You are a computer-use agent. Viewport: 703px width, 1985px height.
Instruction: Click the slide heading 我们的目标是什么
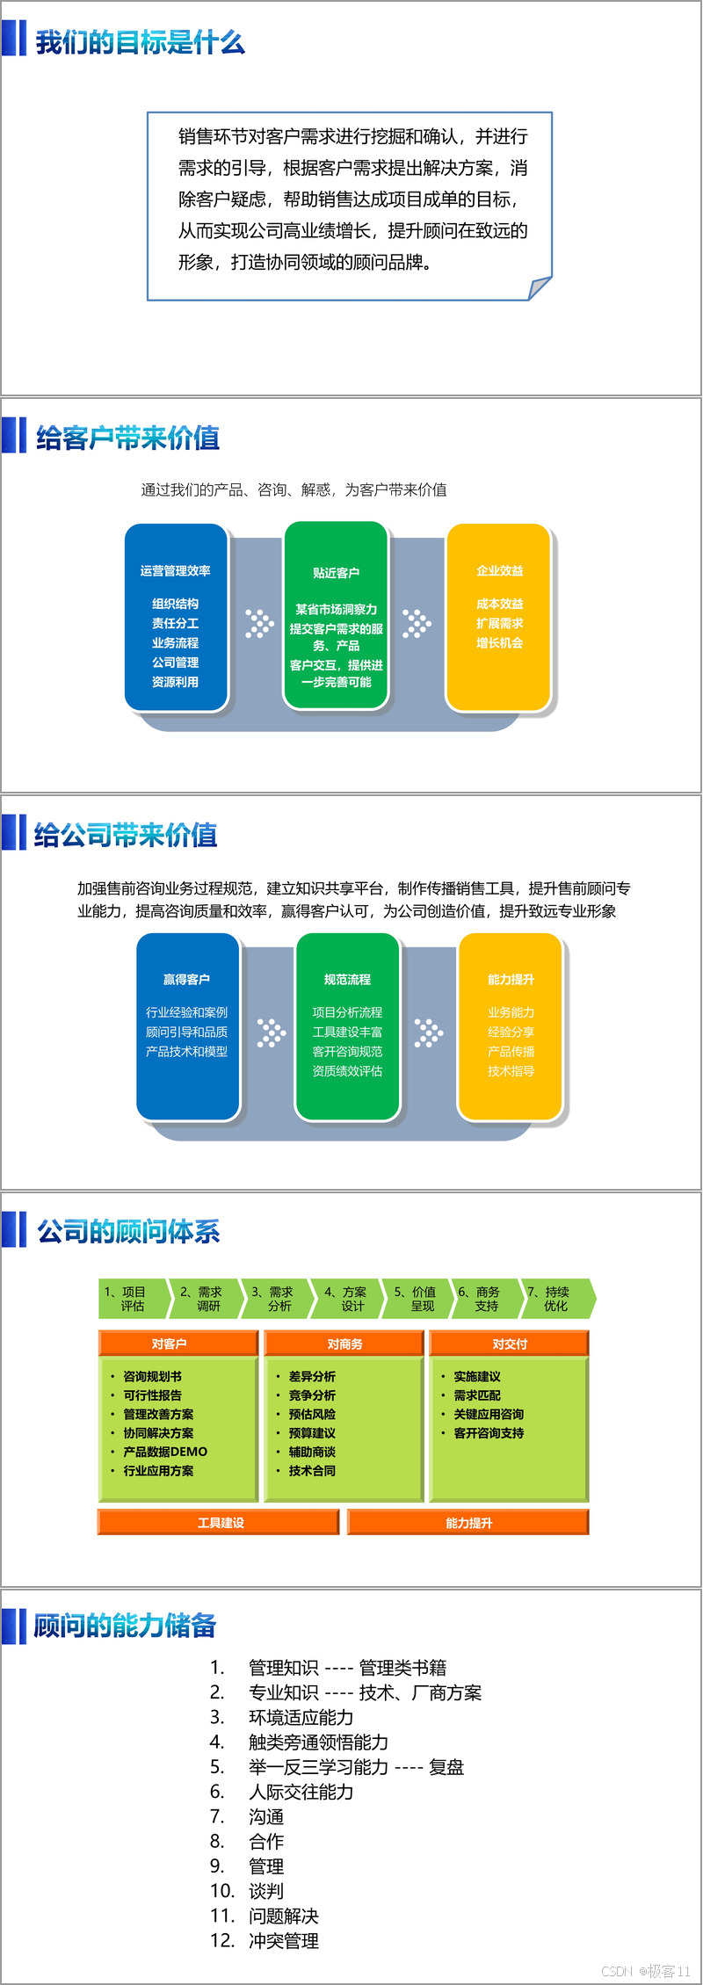click(x=140, y=42)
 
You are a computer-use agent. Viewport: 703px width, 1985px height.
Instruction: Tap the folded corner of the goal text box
click(x=539, y=287)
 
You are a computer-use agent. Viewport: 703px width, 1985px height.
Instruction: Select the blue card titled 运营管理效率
click(x=176, y=617)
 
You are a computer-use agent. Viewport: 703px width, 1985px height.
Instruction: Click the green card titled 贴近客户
click(x=336, y=615)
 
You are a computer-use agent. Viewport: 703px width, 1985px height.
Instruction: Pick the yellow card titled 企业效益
click(x=499, y=617)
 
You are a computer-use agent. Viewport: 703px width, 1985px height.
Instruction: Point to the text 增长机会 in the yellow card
click(x=499, y=643)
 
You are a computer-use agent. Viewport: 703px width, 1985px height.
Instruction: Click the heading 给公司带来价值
click(x=126, y=835)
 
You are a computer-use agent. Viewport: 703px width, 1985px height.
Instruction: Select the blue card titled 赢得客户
click(x=187, y=1026)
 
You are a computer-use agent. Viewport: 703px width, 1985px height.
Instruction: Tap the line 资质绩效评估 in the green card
click(x=347, y=1071)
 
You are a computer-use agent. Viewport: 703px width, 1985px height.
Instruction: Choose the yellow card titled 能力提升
click(x=511, y=1026)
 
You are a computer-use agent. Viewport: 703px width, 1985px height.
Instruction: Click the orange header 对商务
click(x=344, y=1344)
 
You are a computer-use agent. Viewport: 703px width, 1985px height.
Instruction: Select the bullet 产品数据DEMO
click(x=165, y=1452)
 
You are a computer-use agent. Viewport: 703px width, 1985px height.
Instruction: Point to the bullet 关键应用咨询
click(x=489, y=1414)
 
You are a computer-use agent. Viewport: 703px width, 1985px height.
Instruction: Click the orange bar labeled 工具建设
click(x=220, y=1523)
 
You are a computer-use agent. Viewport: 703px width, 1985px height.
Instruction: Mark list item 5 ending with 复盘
click(x=355, y=1767)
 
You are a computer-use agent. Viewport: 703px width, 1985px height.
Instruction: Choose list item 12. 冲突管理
click(x=283, y=1940)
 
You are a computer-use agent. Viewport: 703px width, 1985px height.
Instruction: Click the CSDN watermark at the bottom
click(x=645, y=1971)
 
